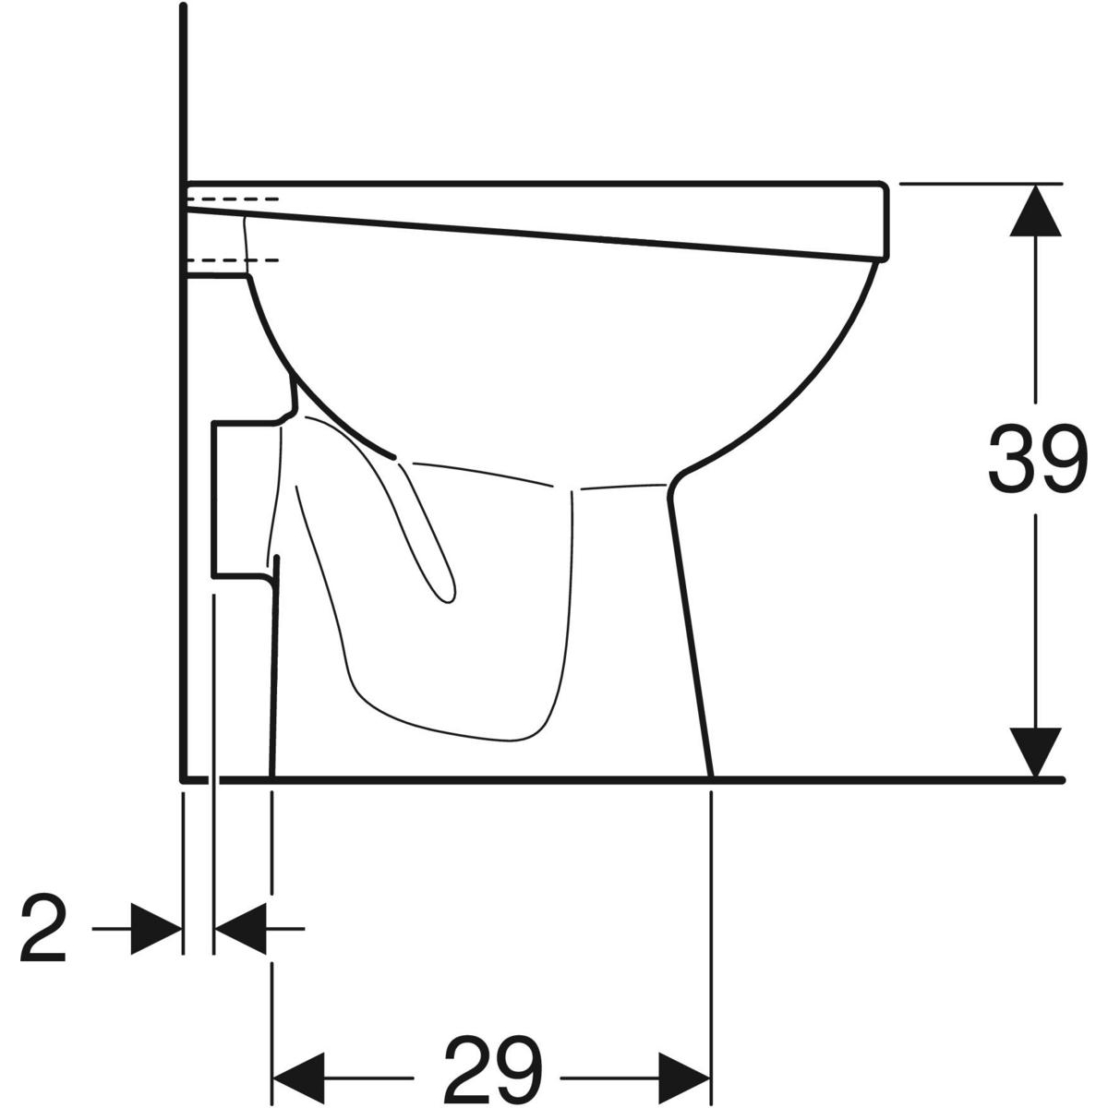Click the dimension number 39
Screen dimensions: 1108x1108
pyautogui.click(x=1037, y=458)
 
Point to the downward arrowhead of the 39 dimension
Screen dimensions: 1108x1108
pyautogui.click(x=1036, y=753)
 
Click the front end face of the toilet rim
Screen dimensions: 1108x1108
pyautogui.click(x=885, y=222)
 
